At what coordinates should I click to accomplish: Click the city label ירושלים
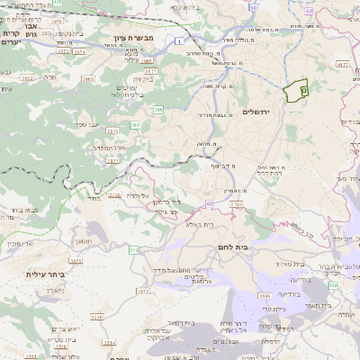tap(257, 112)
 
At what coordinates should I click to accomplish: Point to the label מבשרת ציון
tap(134, 40)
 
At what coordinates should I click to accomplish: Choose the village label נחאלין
tap(45, 292)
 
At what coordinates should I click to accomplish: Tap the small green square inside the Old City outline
tap(304, 90)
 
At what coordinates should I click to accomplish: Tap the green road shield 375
tap(133, 249)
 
